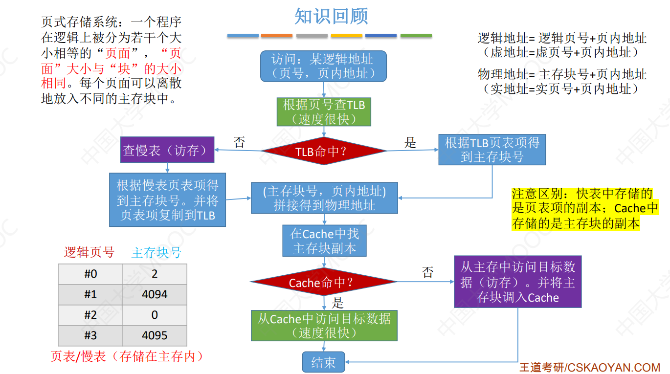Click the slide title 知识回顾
[x=331, y=16]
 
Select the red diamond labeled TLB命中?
[x=324, y=151]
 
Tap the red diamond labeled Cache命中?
[x=324, y=282]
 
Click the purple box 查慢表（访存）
[x=168, y=150]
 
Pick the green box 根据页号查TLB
[x=324, y=112]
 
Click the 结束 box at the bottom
[x=323, y=362]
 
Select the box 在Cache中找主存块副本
[x=324, y=241]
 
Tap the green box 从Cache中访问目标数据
[x=324, y=326]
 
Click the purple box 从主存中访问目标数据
[x=517, y=282]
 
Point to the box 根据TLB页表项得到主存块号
[x=492, y=150]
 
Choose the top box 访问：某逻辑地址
[x=323, y=66]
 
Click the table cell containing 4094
[x=155, y=294]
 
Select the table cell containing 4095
[x=155, y=335]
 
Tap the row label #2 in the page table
[x=90, y=315]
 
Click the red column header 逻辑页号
[x=89, y=252]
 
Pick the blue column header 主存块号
[x=156, y=252]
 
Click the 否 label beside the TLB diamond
[x=239, y=142]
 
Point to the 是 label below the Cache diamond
[x=337, y=302]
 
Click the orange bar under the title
[x=277, y=36]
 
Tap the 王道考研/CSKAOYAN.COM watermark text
[x=589, y=367]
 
